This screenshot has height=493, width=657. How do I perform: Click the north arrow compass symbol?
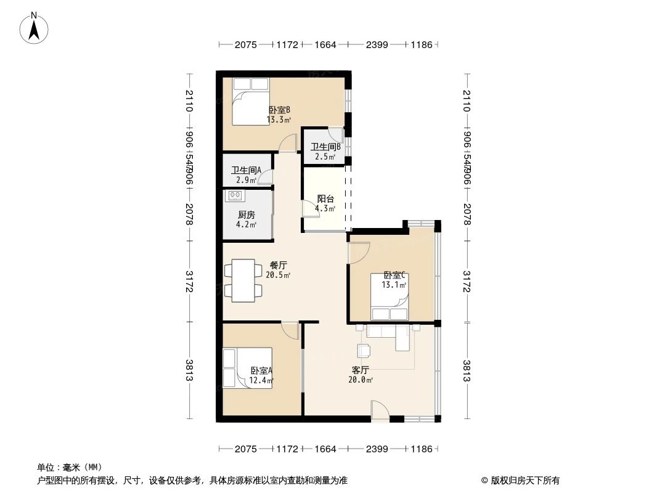(35, 28)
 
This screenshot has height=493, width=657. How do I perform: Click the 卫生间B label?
(325, 147)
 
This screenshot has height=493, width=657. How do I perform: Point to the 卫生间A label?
(246, 171)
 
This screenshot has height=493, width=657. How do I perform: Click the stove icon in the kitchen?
(235, 196)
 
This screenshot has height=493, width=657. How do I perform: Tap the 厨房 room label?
(246, 215)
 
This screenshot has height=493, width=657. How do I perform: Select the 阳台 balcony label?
(325, 199)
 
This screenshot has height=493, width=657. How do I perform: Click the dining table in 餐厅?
(245, 280)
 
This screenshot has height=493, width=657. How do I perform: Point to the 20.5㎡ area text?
(278, 275)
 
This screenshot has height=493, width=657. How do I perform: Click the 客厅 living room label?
(360, 370)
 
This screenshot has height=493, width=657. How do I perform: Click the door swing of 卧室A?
(289, 330)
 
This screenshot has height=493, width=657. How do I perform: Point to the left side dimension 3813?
(189, 370)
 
